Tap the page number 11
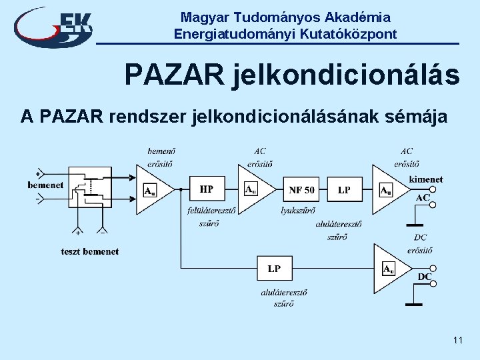(x=457, y=341)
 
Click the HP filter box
(x=207, y=190)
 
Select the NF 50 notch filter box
(x=301, y=190)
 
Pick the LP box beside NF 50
(x=344, y=190)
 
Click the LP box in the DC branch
(x=274, y=269)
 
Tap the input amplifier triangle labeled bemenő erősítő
(x=152, y=190)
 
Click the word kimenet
(x=425, y=179)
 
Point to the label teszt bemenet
(x=89, y=251)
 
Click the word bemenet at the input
(x=45, y=185)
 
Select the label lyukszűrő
(x=297, y=210)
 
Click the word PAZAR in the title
(x=174, y=75)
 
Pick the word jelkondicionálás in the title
(x=346, y=75)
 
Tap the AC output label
(x=423, y=197)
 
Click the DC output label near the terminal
(x=425, y=277)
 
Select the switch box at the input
(x=89, y=186)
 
